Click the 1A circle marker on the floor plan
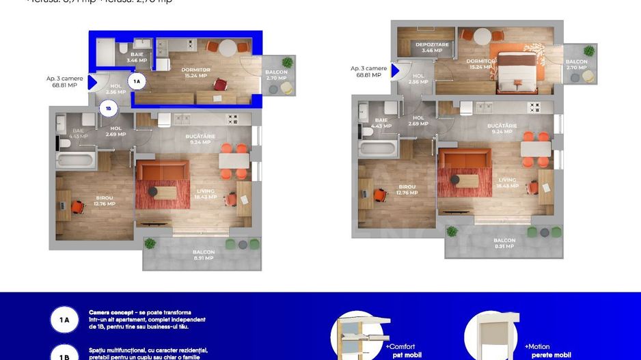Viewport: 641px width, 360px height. [x=137, y=81]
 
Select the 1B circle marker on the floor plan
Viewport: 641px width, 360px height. [x=107, y=107]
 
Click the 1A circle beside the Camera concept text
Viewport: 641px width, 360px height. [x=65, y=319]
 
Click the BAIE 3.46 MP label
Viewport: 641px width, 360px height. [x=138, y=57]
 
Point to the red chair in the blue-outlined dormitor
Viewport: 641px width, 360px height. [x=220, y=84]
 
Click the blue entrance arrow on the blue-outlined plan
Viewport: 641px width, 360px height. [x=92, y=85]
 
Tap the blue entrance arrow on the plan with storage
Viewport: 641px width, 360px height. [x=394, y=69]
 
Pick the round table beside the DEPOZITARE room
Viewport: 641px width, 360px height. [x=482, y=36]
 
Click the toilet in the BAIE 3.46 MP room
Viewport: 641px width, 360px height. [x=121, y=50]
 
